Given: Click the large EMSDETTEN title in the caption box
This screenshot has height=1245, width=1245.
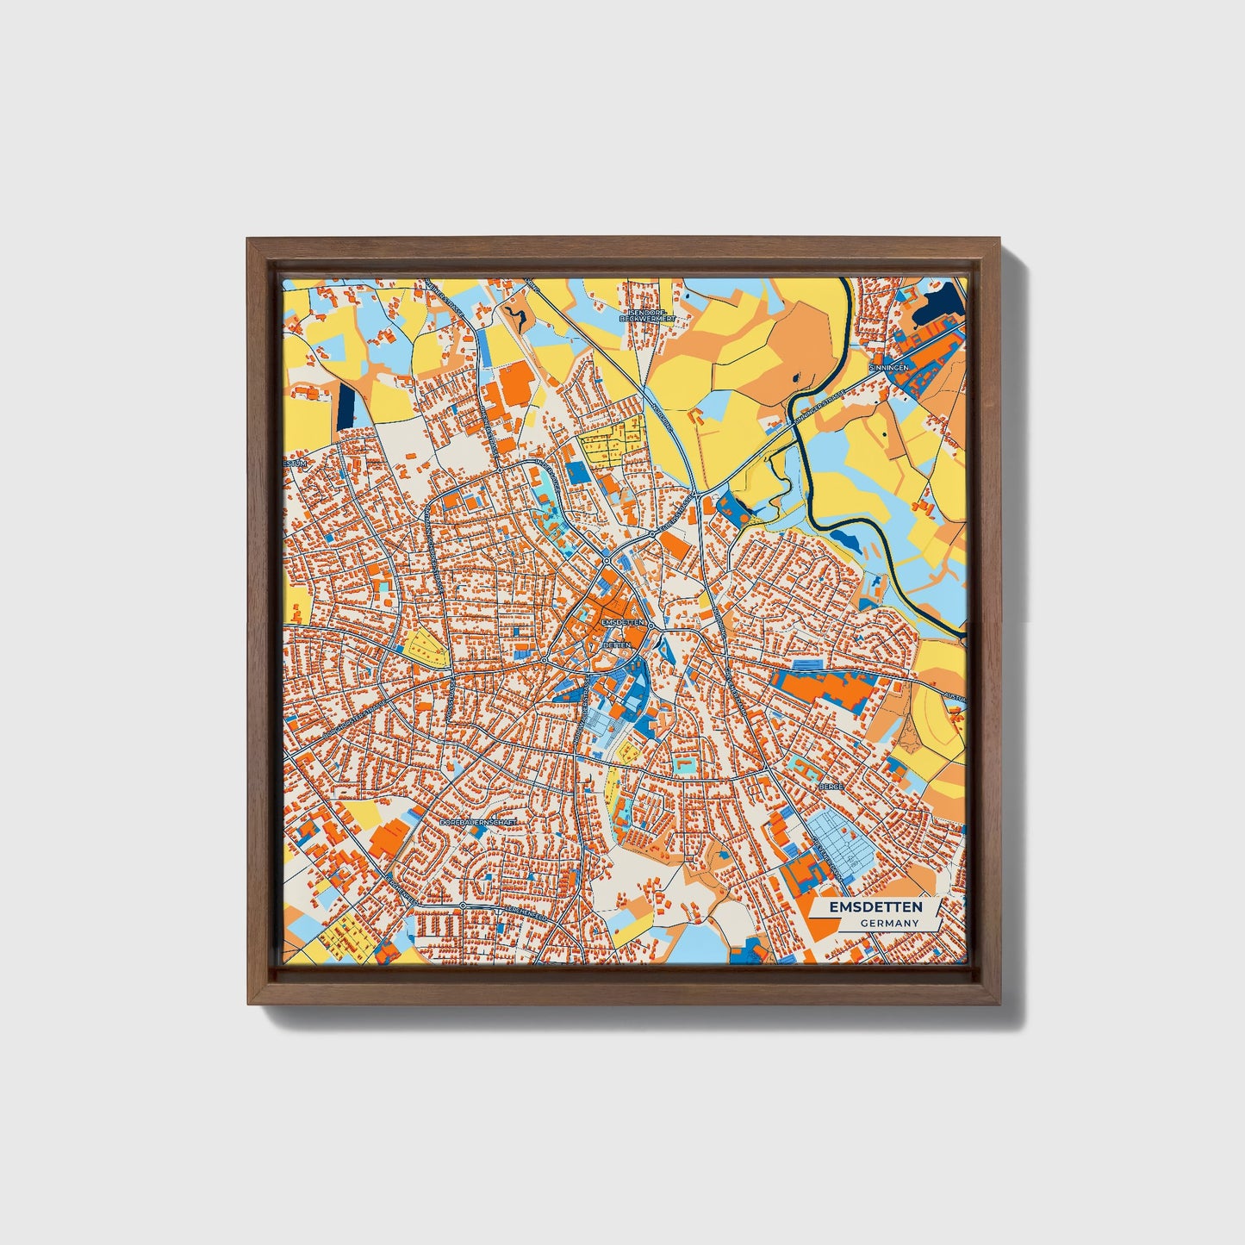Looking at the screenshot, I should [875, 907].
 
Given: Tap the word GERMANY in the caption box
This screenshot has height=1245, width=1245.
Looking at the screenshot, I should [889, 924].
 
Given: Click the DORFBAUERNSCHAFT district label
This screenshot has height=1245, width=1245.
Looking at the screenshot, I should [478, 823].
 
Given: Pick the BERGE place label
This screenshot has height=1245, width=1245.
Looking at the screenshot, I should [831, 787].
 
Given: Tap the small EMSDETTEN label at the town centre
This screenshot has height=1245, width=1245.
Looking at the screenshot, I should [623, 622].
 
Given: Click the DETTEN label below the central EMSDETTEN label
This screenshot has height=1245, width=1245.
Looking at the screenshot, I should [617, 644].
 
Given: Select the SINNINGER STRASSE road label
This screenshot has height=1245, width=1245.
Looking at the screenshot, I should [819, 405].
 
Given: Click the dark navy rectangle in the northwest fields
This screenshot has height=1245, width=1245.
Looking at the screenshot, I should [346, 405].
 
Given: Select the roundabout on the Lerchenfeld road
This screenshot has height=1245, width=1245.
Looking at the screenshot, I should [463, 906].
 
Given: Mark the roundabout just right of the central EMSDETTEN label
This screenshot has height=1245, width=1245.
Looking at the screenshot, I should [652, 626].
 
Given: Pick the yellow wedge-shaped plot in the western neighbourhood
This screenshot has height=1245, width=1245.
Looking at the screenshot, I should [426, 649].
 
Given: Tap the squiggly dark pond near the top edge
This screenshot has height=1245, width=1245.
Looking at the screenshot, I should [517, 316].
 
